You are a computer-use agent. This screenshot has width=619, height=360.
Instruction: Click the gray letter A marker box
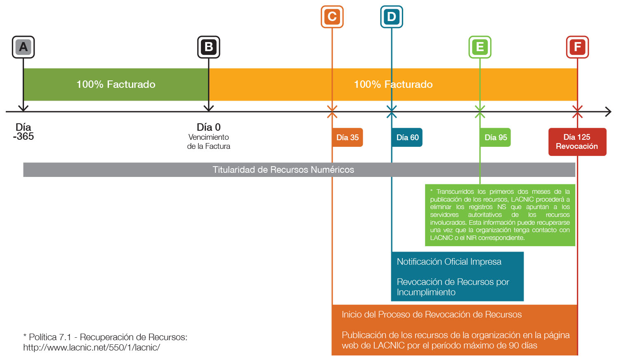(23, 47)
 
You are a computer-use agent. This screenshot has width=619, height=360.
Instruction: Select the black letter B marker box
(209, 47)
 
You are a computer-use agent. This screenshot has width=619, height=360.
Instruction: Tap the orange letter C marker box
(332, 16)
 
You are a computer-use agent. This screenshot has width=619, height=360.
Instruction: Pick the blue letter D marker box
(392, 16)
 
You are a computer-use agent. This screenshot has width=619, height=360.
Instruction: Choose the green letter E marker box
(480, 47)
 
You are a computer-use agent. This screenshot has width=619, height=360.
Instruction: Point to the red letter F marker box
(578, 47)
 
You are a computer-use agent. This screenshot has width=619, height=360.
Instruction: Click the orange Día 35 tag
(347, 137)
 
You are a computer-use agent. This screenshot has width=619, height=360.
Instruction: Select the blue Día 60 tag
(407, 137)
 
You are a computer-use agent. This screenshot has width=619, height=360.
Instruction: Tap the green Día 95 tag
(496, 137)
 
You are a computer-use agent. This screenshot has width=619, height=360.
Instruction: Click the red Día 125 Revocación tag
(577, 141)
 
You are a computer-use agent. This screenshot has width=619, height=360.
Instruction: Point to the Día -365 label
(23, 132)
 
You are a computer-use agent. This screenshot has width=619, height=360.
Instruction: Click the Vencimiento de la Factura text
(209, 141)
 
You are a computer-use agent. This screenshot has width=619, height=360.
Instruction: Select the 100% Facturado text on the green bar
(116, 84)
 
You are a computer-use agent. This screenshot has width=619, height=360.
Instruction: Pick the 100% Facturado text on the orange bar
(393, 84)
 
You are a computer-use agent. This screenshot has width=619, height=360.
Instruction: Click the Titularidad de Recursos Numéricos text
(283, 169)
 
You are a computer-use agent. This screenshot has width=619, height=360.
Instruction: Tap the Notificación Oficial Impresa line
(449, 261)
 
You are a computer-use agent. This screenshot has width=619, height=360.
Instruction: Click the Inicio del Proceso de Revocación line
(432, 315)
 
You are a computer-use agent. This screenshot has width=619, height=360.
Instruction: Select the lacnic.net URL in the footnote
(92, 347)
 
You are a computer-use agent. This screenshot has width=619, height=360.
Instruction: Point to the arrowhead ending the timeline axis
(608, 112)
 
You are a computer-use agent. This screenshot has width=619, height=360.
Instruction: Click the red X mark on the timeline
(578, 112)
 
